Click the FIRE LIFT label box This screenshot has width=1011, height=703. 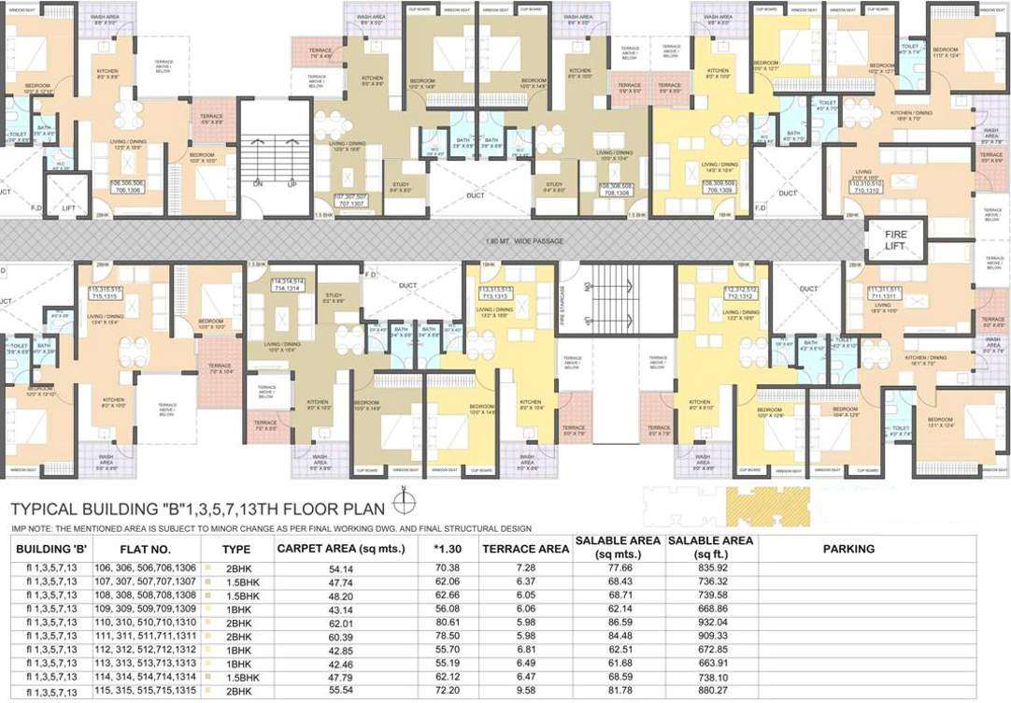tap(896, 239)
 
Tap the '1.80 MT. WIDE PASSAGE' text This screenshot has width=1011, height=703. tap(525, 242)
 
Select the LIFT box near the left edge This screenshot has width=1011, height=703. tap(67, 208)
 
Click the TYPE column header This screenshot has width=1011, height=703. tap(236, 550)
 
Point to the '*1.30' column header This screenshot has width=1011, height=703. tap(448, 550)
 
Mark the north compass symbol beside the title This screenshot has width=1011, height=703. tap(403, 506)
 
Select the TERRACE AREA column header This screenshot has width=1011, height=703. tap(525, 550)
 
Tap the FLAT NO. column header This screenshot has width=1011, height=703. tap(145, 550)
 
